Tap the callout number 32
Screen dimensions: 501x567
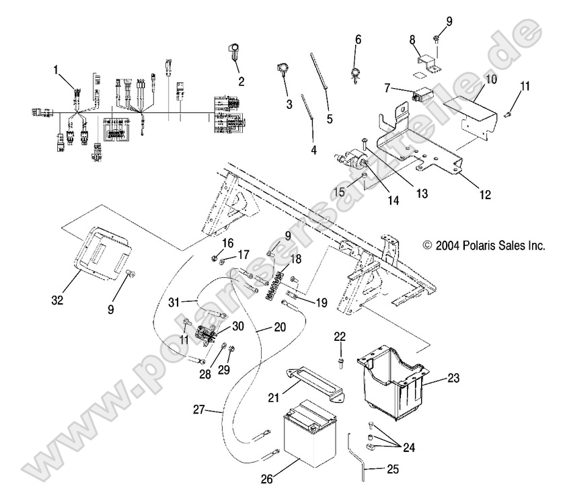tap(58, 299)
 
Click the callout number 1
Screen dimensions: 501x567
tap(57, 69)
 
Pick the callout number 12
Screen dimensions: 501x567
tap(484, 195)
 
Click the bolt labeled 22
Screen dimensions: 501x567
tap(341, 362)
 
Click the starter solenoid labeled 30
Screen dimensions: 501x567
tap(206, 331)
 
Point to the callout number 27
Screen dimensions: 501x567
tap(198, 408)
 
